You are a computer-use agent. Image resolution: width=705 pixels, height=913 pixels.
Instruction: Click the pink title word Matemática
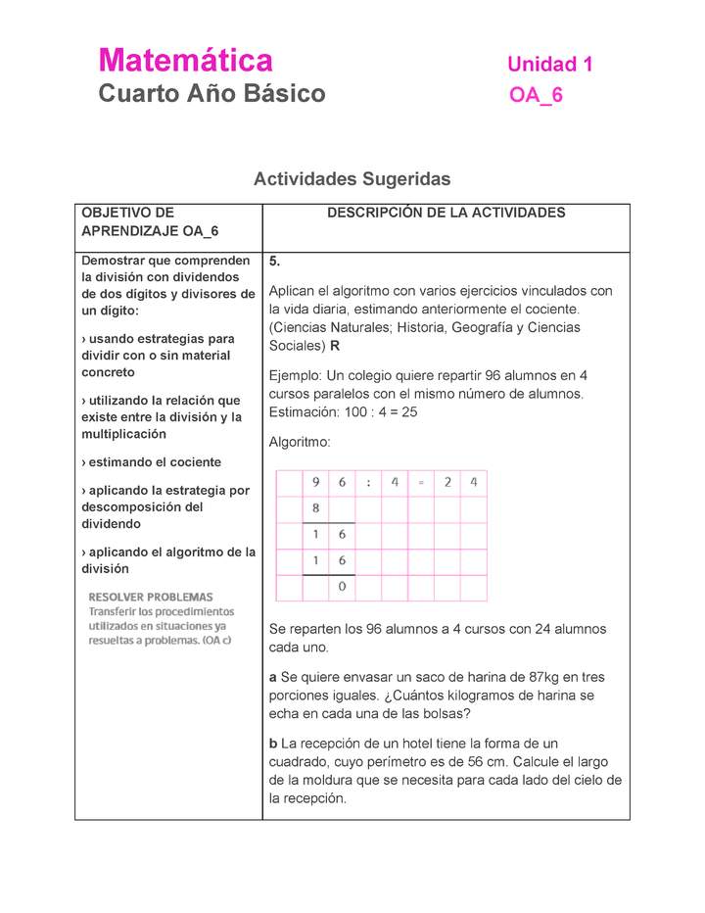(x=185, y=61)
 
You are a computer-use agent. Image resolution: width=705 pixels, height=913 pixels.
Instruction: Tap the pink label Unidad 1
(x=549, y=65)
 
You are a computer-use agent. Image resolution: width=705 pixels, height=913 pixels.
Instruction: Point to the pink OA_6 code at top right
(x=536, y=95)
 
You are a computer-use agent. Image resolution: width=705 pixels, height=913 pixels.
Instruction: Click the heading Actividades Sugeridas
(x=352, y=178)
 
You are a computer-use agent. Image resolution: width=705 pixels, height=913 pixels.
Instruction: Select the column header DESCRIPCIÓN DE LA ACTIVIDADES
(x=446, y=213)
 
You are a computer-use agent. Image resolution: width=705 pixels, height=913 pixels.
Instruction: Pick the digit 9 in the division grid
(x=315, y=482)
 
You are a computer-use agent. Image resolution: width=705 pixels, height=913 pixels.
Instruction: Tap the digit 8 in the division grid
(x=315, y=508)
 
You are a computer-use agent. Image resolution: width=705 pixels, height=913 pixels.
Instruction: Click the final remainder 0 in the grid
(x=342, y=587)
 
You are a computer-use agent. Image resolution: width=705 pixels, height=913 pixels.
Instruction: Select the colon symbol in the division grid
(x=368, y=482)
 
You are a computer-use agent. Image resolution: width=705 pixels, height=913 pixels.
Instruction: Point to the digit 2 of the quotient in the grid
(x=446, y=482)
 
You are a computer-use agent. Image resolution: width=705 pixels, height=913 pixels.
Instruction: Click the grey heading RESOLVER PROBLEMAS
(x=151, y=597)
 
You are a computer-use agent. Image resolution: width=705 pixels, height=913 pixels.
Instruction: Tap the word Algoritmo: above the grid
(x=300, y=442)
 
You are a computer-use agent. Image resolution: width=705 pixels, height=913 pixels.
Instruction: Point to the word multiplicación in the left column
(x=123, y=434)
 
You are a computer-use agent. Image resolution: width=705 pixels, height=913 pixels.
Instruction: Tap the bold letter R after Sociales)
(x=335, y=346)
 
